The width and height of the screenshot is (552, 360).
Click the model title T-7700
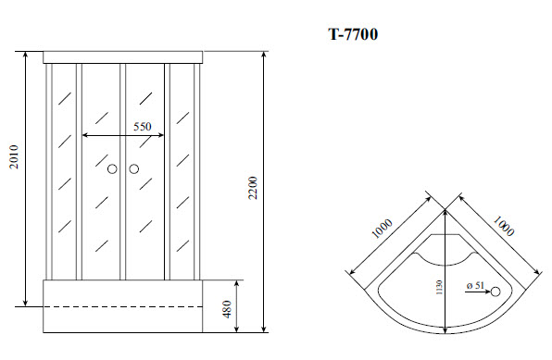click(x=352, y=35)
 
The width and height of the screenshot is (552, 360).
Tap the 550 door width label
click(x=142, y=127)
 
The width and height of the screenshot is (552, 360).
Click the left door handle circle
click(x=112, y=169)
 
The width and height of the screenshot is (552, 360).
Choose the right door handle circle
click(x=133, y=169)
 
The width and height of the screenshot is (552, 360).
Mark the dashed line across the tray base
click(x=122, y=305)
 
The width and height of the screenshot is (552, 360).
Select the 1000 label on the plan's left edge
click(x=382, y=229)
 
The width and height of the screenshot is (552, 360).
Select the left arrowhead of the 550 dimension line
click(x=86, y=136)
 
